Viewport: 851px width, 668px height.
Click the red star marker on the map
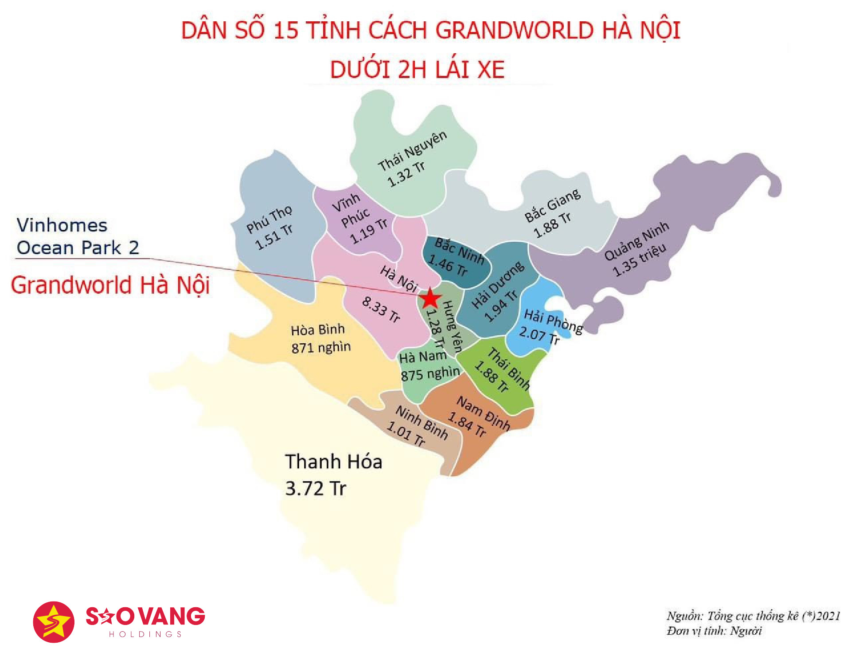click(429, 299)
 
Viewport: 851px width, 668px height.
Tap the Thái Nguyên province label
click(412, 151)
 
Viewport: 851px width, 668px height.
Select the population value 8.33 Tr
click(381, 309)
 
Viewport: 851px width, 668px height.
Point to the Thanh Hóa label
click(333, 462)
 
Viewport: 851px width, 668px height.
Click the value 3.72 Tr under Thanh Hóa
click(316, 488)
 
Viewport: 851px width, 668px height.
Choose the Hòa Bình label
click(317, 330)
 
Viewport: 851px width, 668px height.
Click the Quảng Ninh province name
click(636, 241)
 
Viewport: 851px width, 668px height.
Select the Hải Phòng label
click(553, 322)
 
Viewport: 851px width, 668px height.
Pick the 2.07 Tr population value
click(539, 335)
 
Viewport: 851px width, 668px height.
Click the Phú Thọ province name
click(269, 219)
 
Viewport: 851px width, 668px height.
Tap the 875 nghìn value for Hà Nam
click(430, 373)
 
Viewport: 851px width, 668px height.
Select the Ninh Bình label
click(422, 422)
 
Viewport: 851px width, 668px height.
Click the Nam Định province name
click(483, 413)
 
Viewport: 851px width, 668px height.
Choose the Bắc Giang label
click(552, 205)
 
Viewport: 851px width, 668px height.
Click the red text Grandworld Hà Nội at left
click(110, 285)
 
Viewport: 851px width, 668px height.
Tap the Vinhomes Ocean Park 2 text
click(78, 236)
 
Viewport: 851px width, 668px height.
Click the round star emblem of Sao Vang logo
click(54, 622)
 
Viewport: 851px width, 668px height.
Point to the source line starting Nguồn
click(753, 616)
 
